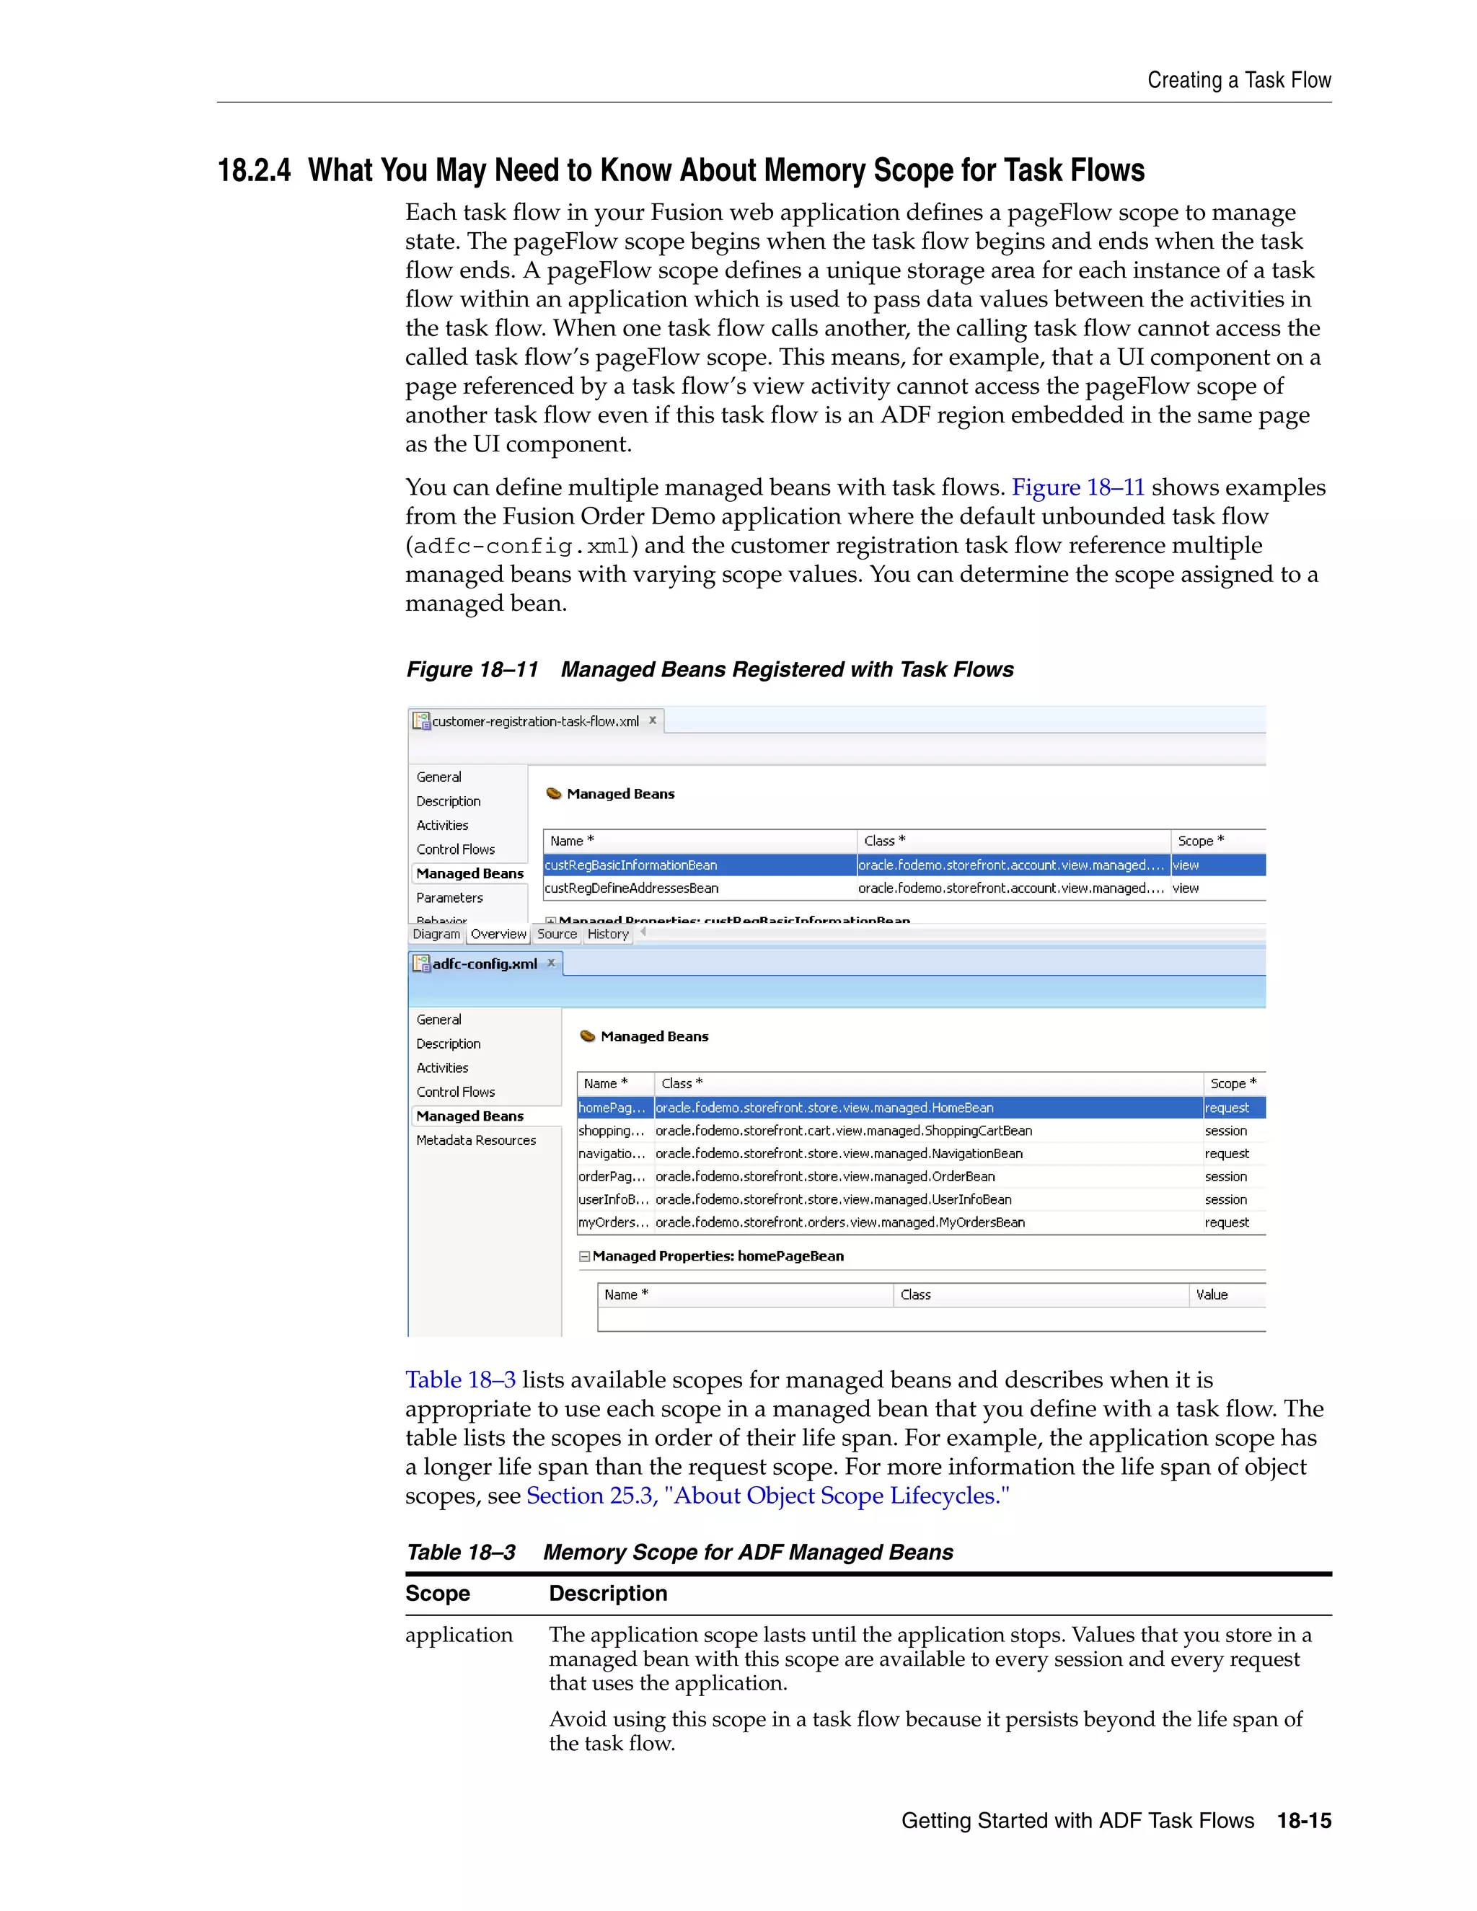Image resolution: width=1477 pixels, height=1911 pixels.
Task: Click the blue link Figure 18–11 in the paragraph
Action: point(1077,487)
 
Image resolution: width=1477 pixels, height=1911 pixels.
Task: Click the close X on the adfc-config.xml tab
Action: point(551,963)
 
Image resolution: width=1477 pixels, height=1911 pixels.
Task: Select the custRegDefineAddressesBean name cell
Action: point(631,888)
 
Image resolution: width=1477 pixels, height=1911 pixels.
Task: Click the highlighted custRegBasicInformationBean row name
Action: point(631,865)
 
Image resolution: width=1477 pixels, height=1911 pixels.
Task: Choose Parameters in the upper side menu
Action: point(449,898)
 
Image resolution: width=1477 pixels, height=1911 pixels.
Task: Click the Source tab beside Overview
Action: point(557,934)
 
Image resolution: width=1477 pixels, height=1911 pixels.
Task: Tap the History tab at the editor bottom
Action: point(608,934)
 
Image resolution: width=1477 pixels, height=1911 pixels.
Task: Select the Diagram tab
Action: point(436,934)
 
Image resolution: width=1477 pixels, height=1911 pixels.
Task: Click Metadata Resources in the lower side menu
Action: point(476,1140)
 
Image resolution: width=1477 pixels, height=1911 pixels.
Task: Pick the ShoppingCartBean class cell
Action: point(844,1131)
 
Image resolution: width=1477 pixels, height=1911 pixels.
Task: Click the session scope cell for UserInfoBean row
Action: point(1225,1200)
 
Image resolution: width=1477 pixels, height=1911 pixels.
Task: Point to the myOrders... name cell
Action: point(612,1222)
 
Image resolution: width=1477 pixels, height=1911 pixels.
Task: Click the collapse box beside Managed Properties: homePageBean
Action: point(584,1256)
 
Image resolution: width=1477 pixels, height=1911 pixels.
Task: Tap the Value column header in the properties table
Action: point(1212,1295)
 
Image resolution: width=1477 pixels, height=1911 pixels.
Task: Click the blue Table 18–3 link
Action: point(460,1380)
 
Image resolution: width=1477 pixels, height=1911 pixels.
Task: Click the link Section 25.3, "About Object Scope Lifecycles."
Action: point(767,1496)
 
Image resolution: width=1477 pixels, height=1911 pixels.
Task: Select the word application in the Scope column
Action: point(459,1635)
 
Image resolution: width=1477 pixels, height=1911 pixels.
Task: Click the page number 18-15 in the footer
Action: point(1304,1821)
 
